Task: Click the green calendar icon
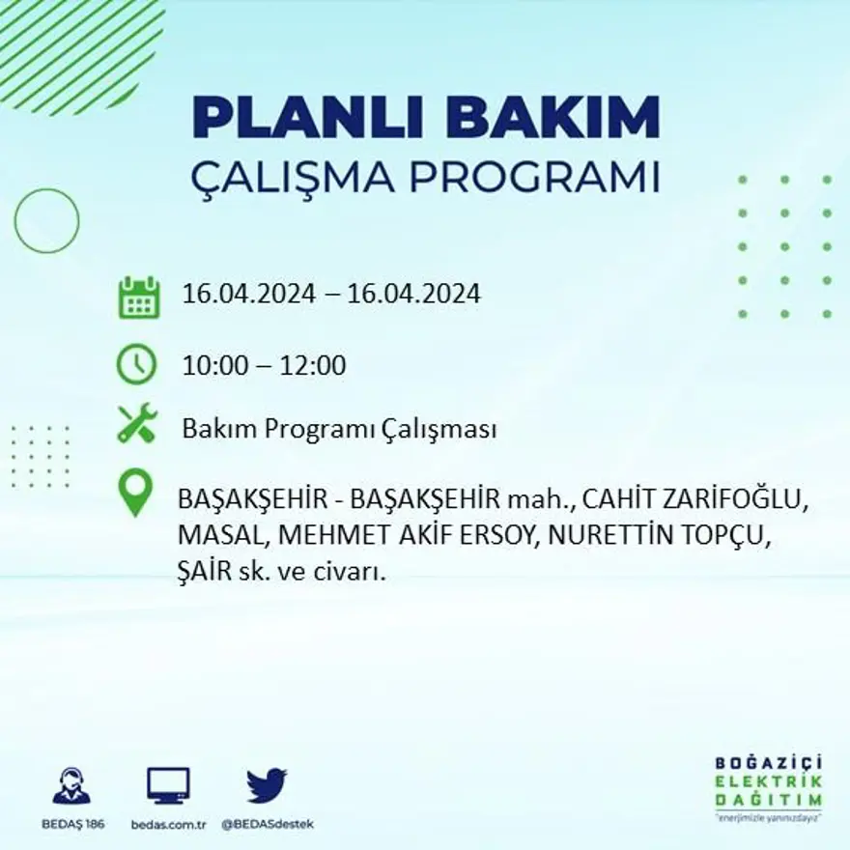pyautogui.click(x=138, y=297)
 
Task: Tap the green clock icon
pyautogui.click(x=136, y=365)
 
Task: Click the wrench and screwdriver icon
pyautogui.click(x=136, y=424)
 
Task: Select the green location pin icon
pyautogui.click(x=135, y=493)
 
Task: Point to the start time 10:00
pyautogui.click(x=215, y=366)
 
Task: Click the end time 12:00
pyautogui.click(x=313, y=366)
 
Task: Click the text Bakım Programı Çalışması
pyautogui.click(x=339, y=429)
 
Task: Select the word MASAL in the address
pyautogui.click(x=216, y=535)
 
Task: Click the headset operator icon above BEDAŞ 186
pyautogui.click(x=71, y=785)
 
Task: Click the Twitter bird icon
pyautogui.click(x=267, y=785)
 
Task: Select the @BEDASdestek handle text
pyautogui.click(x=268, y=824)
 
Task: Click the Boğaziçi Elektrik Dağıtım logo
pyautogui.click(x=769, y=784)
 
